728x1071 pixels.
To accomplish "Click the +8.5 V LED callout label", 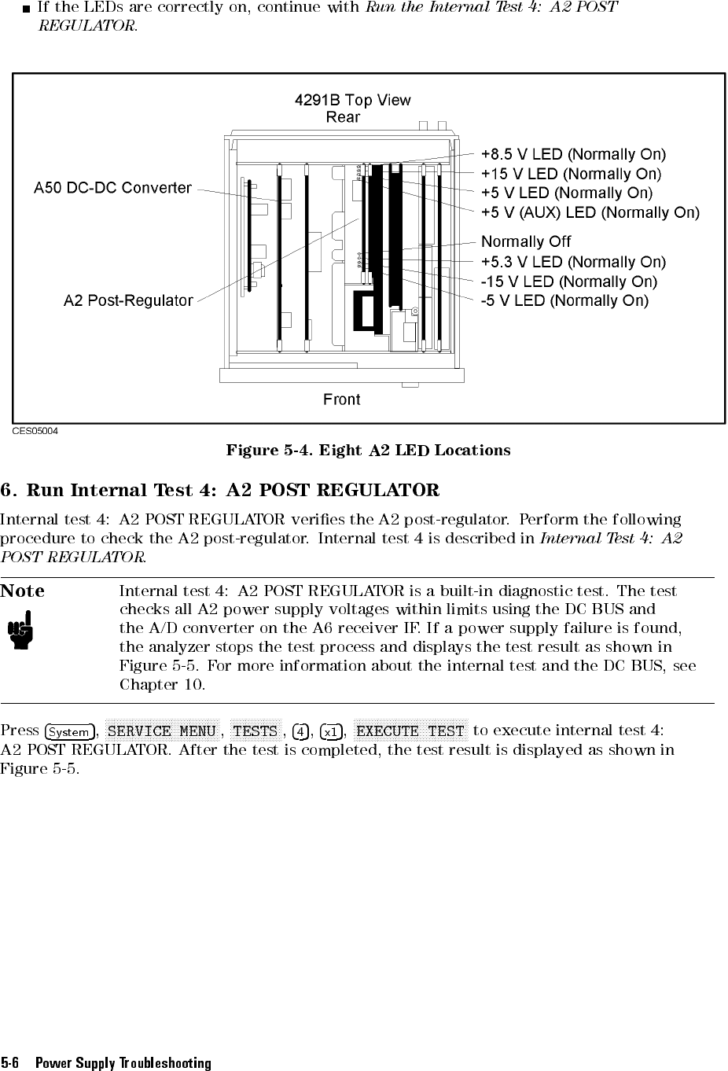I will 573,154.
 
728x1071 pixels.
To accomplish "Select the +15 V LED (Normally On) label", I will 571,174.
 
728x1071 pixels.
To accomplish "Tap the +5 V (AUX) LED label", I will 590,212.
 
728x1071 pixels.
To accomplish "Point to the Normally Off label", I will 526,241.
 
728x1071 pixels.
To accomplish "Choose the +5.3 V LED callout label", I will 573,262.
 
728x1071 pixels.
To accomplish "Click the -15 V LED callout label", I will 568,282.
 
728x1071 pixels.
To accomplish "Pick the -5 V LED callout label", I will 564,300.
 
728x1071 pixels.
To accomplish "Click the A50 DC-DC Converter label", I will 112,188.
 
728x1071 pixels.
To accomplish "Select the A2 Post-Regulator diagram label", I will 128,300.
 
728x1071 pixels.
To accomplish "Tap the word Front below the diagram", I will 342,399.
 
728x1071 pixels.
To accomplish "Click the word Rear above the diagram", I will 343,117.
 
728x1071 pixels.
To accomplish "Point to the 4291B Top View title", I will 352,100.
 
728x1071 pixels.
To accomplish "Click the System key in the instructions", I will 69,731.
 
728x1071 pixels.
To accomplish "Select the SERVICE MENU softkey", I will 161,731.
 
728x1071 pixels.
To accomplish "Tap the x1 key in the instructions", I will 332,731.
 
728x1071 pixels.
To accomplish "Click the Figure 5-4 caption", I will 368,451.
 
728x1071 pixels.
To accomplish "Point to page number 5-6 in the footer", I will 10,1063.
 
